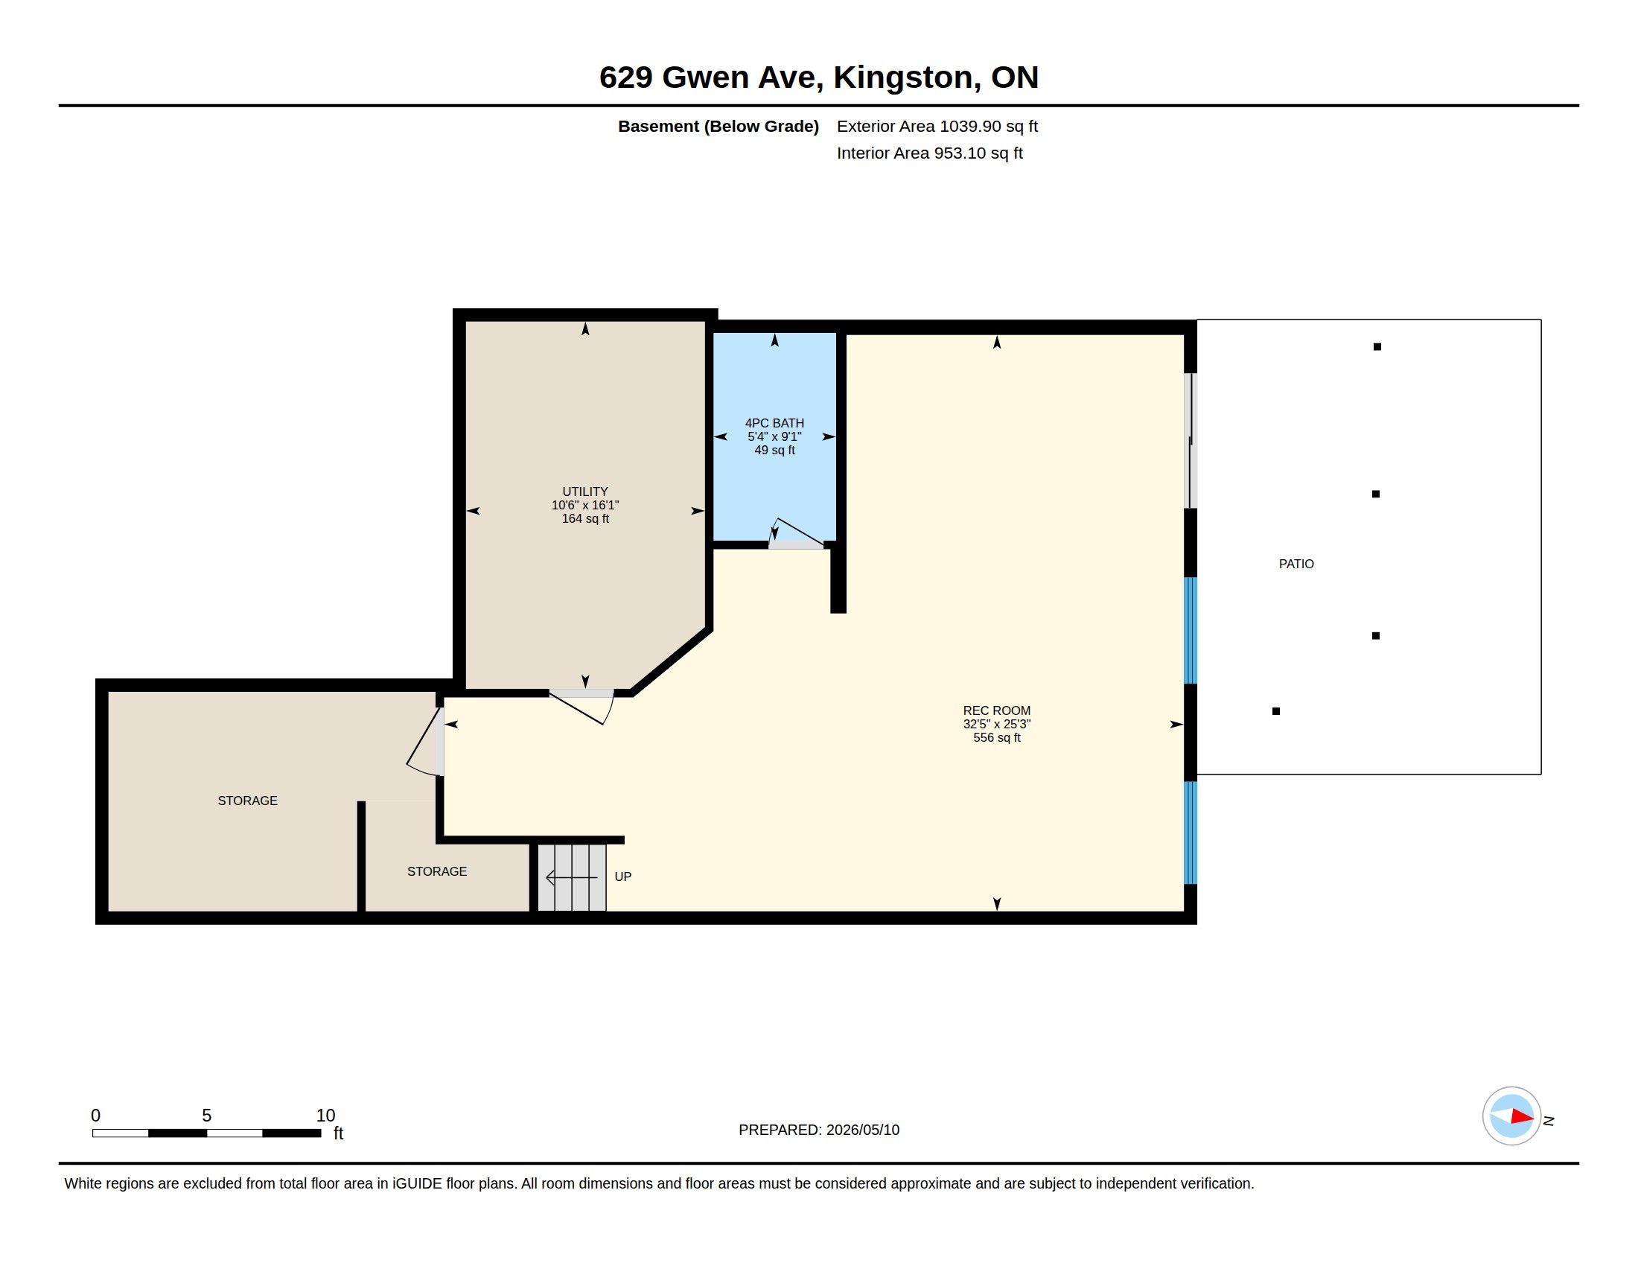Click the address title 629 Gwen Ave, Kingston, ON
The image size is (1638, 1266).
pos(818,77)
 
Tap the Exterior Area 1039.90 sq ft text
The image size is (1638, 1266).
pos(937,126)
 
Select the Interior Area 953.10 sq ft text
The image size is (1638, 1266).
pos(929,153)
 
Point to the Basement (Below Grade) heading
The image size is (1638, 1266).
pos(718,126)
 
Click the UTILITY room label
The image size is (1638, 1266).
pos(585,492)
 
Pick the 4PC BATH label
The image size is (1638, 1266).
pos(774,423)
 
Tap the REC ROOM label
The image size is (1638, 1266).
pos(997,710)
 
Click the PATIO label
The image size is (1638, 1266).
pos(1296,564)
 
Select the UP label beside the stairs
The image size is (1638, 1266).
pos(622,877)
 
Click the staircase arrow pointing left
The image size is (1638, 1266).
pos(572,877)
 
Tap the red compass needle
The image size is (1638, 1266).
pos(1523,1117)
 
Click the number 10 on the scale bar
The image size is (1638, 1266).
pos(325,1116)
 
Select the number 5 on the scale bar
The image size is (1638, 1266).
pos(207,1116)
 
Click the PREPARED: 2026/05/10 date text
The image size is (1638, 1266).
pos(819,1130)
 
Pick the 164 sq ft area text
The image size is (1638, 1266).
pos(585,518)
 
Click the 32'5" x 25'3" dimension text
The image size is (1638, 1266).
pos(997,724)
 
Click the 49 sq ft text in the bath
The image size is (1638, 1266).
pos(774,450)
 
